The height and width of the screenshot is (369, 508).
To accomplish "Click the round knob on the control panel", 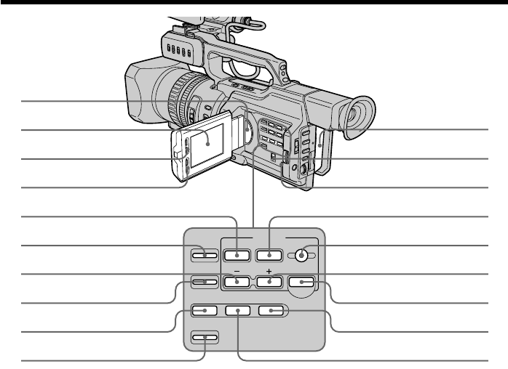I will click(303, 255).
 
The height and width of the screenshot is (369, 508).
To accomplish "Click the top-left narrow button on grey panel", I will click(205, 255).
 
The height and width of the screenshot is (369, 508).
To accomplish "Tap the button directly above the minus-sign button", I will click(234, 255).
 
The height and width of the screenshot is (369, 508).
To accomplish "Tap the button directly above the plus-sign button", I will click(269, 255).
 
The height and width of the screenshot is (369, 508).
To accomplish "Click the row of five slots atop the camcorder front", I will click(178, 51).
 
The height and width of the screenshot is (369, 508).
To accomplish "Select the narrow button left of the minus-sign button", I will click(205, 282).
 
